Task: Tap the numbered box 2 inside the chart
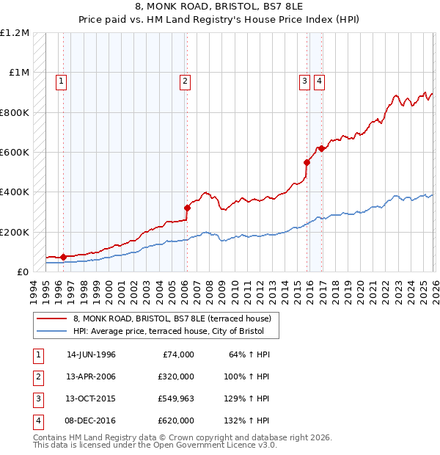(186, 81)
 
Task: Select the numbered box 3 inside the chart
(304, 81)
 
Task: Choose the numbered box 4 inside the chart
(320, 81)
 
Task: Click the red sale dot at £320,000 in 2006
(187, 208)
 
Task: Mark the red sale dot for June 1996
(63, 257)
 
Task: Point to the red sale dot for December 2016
(321, 148)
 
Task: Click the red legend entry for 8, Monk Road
(172, 318)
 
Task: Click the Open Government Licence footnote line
(155, 445)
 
